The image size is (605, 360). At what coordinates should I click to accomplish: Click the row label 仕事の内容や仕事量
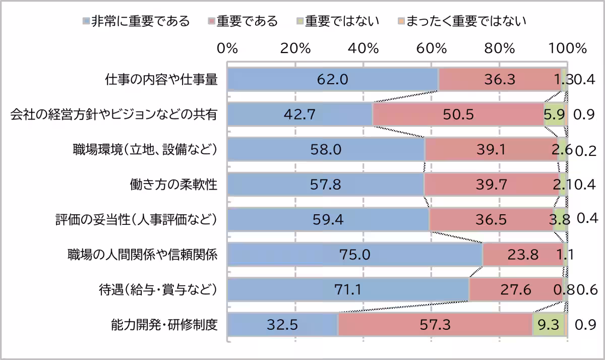161,80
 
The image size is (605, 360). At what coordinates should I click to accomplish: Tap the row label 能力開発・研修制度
164,325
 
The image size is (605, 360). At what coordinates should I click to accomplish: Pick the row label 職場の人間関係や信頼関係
143,255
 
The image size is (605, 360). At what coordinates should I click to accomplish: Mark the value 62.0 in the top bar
332,80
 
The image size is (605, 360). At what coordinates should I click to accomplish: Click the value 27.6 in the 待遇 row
515,290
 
